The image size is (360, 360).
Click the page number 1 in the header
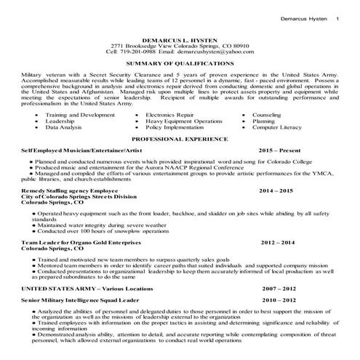click(337, 8)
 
